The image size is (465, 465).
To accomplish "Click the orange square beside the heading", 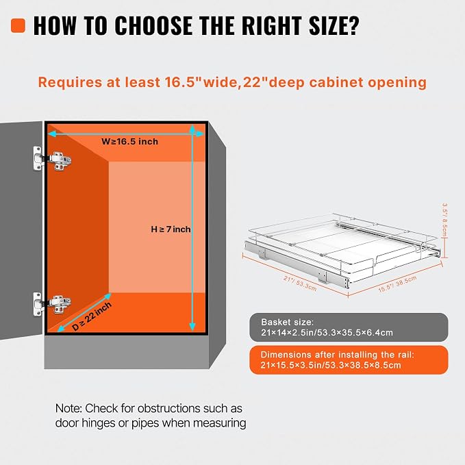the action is (18, 25).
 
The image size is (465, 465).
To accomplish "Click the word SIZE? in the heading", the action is (334, 25).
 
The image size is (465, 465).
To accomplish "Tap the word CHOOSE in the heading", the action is (154, 25).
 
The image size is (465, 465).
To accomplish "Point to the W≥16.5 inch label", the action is (129, 142).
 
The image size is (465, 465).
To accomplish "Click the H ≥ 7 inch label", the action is (171, 229).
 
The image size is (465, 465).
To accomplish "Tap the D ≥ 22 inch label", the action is (92, 316).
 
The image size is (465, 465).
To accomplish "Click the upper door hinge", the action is (53, 160).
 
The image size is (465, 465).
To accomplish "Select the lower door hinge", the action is (52, 303).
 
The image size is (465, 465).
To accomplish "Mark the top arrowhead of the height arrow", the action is (192, 129).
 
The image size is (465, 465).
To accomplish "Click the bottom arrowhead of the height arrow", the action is (192, 326).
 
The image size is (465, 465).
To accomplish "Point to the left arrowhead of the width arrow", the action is (52, 134).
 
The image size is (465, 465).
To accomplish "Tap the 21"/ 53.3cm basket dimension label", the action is (300, 284).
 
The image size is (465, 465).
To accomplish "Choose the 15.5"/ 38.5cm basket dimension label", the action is (397, 284).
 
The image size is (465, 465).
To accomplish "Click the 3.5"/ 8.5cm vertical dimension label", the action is (444, 220).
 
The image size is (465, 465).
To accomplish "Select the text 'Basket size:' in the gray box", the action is (287, 322).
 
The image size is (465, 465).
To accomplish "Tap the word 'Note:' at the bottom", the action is (68, 408).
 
